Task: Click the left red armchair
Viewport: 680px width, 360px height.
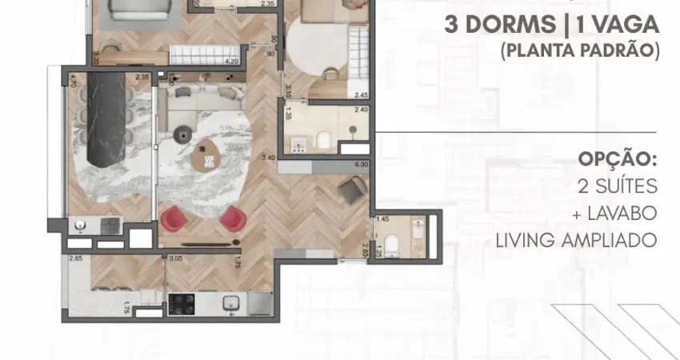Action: [x=174, y=217]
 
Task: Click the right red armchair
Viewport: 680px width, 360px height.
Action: [x=230, y=217]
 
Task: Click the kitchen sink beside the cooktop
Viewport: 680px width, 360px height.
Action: [x=230, y=302]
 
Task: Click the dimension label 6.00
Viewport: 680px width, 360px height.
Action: [x=360, y=165]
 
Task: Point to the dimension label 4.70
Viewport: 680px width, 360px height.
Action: [x=72, y=81]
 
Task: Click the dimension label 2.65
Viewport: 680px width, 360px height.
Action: [x=76, y=258]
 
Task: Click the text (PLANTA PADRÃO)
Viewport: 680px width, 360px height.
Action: [x=579, y=50]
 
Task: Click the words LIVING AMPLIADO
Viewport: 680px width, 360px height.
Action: [x=576, y=239]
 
